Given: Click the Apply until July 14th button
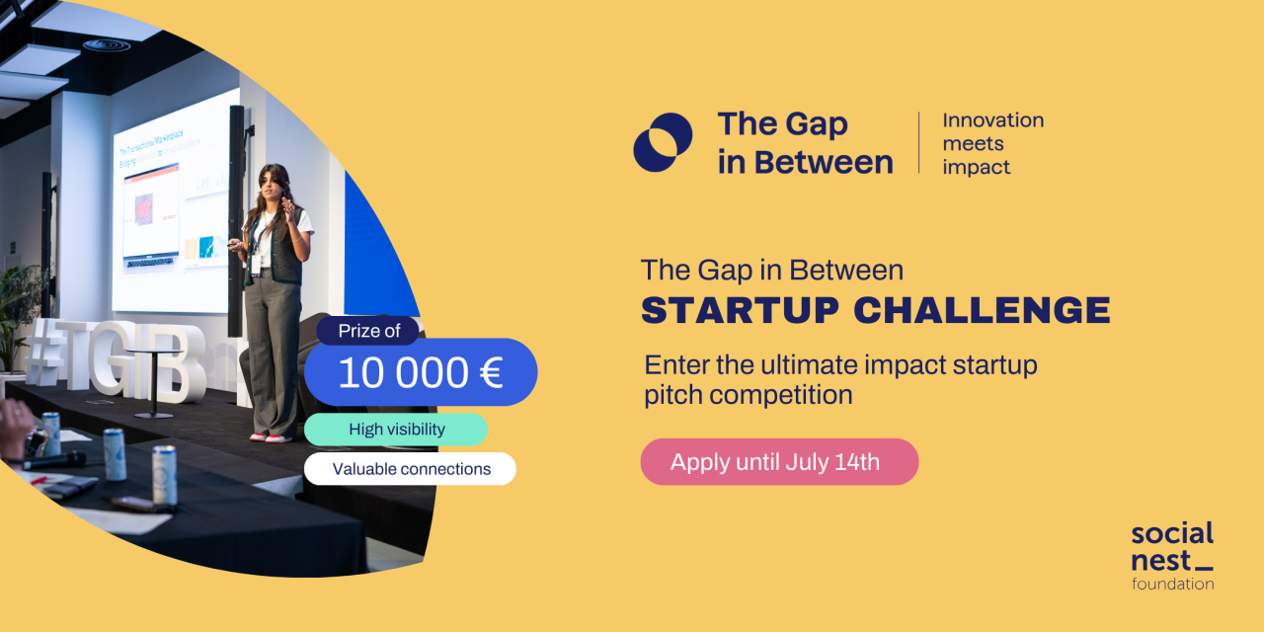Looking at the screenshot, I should (x=778, y=462).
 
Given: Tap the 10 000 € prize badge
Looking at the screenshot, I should (x=421, y=373).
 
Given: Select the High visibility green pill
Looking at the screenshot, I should (x=396, y=430).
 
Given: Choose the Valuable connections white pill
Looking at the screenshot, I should (x=410, y=469).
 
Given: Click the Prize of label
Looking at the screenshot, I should (x=368, y=331).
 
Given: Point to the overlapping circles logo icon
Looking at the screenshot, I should (x=663, y=142).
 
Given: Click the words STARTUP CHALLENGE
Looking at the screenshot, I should (x=875, y=310).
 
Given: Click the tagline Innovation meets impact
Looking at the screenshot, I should (x=991, y=143).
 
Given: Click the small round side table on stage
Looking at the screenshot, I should (x=152, y=380).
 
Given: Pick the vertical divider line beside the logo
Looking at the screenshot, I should (x=919, y=143).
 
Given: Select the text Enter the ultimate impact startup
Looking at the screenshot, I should (x=840, y=364).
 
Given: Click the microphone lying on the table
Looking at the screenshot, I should (x=54, y=459).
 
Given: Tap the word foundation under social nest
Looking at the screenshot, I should (x=1172, y=584).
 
